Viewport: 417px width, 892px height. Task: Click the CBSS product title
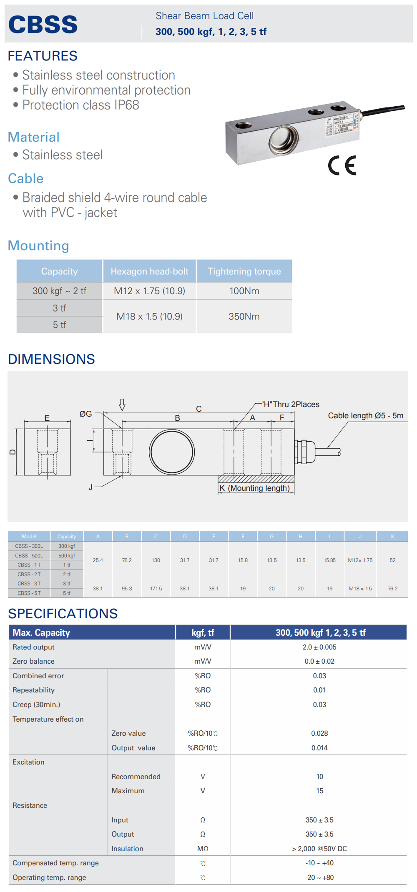tap(43, 24)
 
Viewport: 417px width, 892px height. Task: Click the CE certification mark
tap(342, 165)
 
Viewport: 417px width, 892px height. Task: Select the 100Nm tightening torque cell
tap(244, 291)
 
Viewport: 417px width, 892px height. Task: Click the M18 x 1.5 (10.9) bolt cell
tap(150, 316)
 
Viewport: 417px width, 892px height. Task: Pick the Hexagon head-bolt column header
tap(150, 271)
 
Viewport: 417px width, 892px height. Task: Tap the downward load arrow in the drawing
tap(122, 405)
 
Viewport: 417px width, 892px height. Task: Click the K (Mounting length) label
tap(254, 488)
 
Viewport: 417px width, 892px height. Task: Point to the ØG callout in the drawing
tap(85, 414)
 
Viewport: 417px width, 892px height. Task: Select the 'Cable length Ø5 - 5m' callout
tap(366, 415)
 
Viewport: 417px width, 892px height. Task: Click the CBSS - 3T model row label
tap(29, 583)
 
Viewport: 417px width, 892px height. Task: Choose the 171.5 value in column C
tap(156, 588)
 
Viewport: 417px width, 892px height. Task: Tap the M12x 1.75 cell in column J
tap(360, 560)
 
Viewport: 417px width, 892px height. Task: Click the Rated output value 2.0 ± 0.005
tap(319, 647)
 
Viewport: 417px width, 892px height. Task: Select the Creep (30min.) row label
tap(36, 705)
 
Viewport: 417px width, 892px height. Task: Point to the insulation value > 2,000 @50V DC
tap(319, 849)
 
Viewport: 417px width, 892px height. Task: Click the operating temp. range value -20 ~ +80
tap(319, 877)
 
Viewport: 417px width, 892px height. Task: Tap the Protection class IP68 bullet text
tap(80, 105)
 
